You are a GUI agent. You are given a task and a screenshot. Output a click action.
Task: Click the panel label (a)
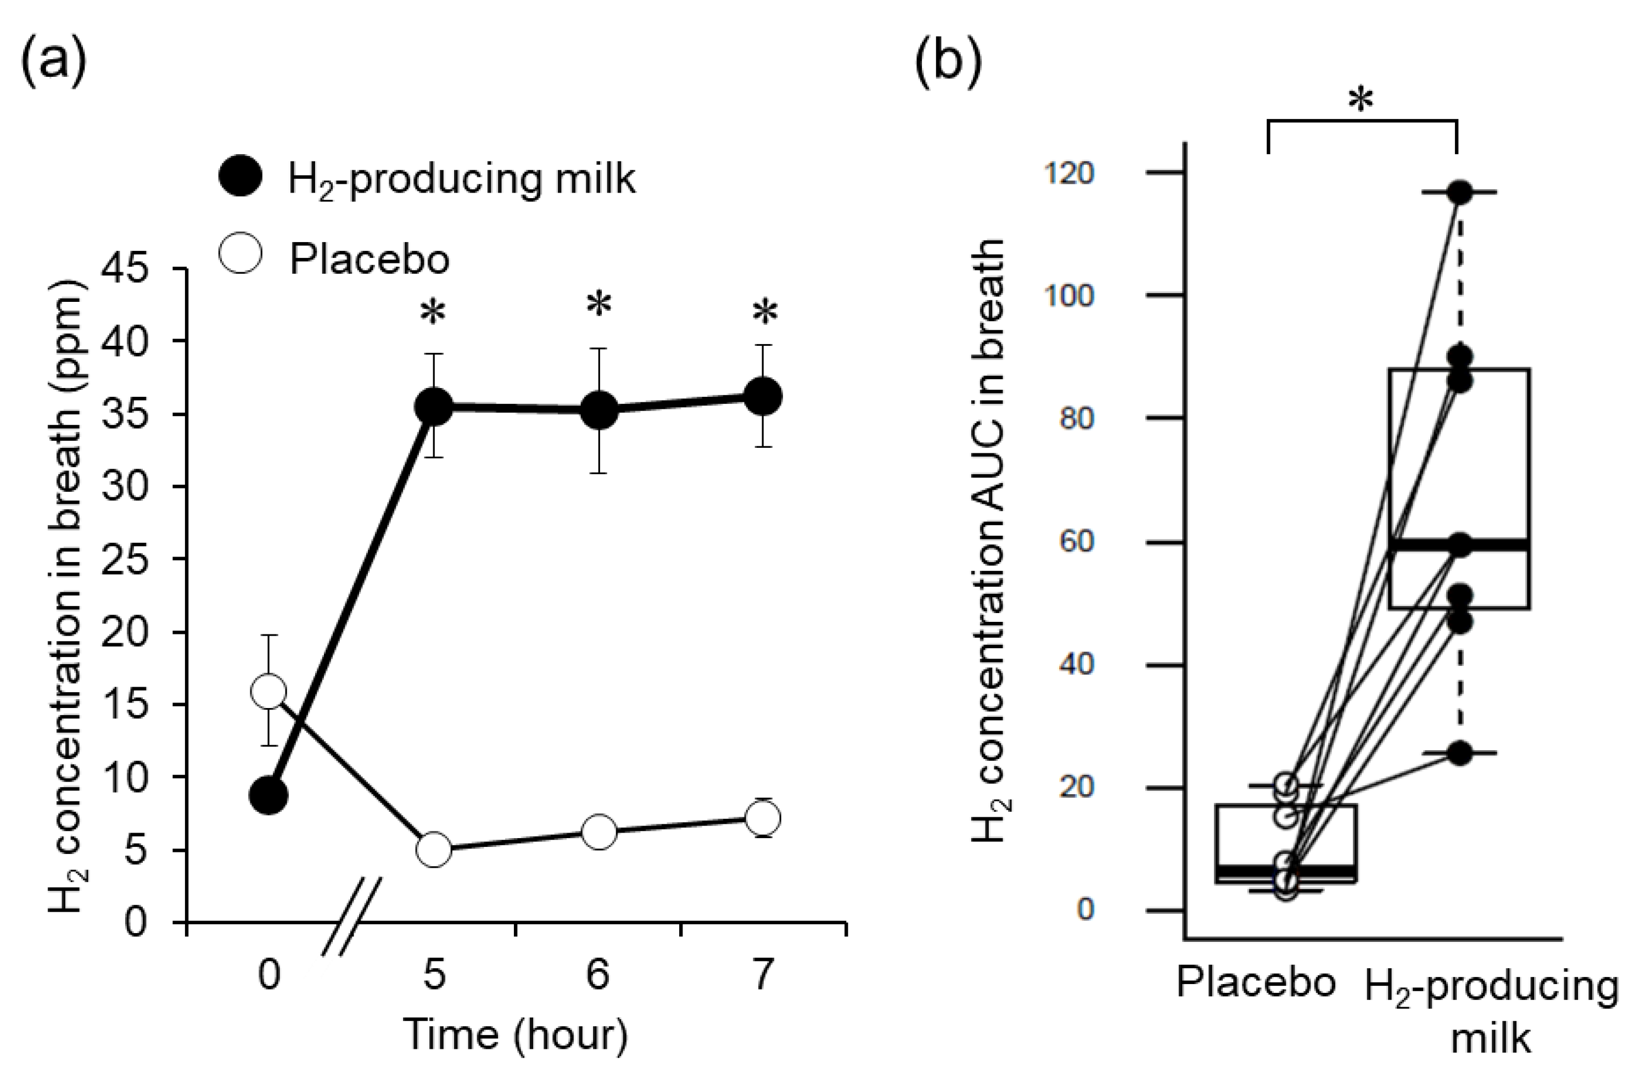pyautogui.click(x=54, y=60)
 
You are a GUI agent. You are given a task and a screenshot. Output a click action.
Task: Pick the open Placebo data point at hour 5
pyautogui.click(x=434, y=850)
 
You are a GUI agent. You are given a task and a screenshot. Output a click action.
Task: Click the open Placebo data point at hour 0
pyautogui.click(x=269, y=692)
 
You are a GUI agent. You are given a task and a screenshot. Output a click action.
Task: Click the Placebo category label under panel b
pyautogui.click(x=1256, y=982)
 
